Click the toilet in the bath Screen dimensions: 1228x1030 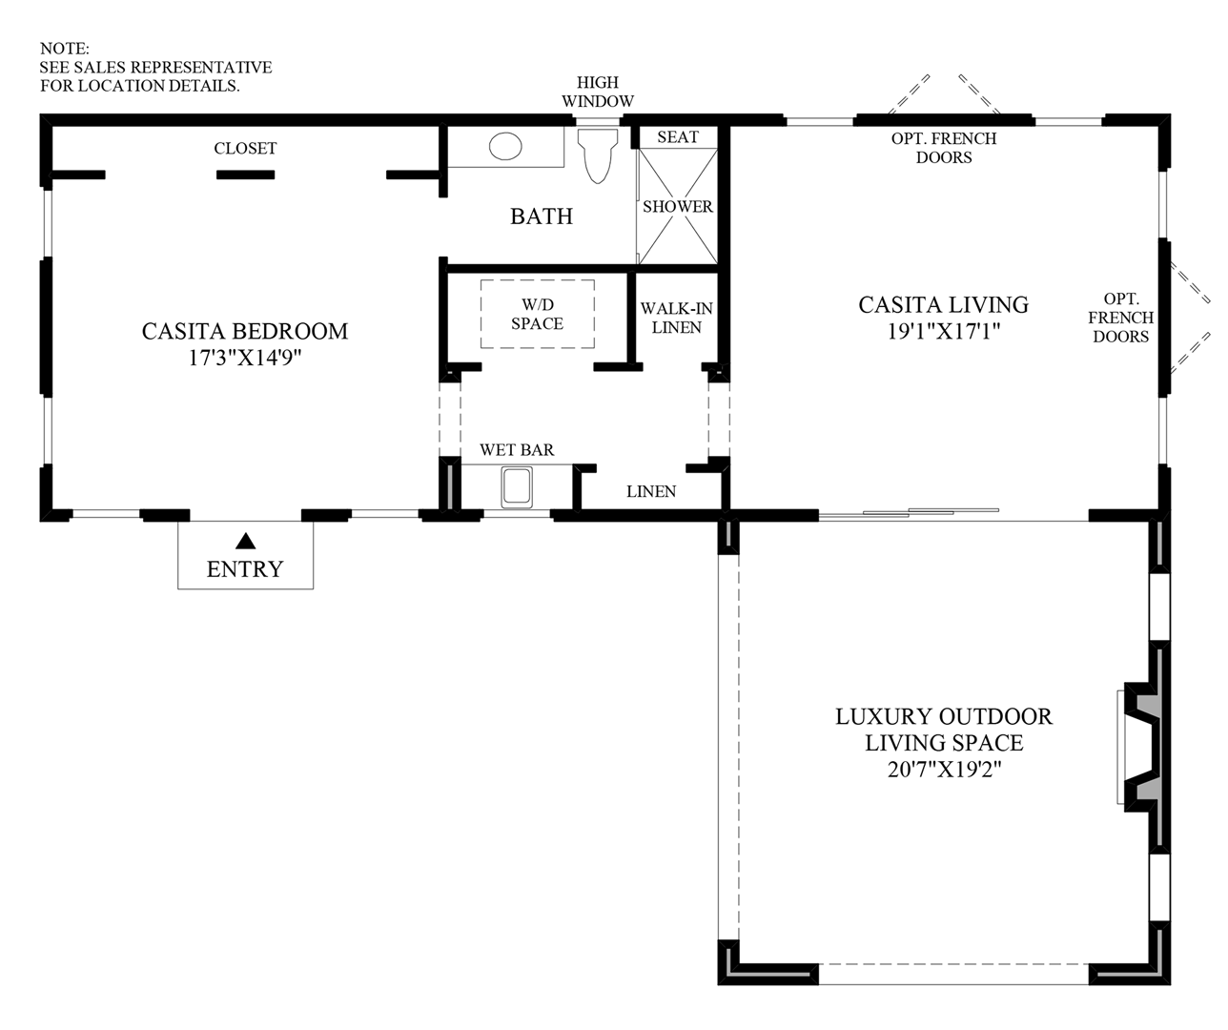(598, 155)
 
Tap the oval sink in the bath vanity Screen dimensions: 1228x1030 (505, 146)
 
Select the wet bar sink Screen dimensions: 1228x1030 (517, 487)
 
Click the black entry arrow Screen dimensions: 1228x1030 (246, 541)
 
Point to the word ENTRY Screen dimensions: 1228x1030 (245, 568)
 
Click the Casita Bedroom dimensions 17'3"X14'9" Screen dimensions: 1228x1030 (245, 357)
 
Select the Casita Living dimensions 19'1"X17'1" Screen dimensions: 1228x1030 (943, 331)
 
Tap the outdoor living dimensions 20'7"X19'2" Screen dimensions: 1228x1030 (944, 769)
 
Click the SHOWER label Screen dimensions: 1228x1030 (678, 206)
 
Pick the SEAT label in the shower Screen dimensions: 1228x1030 (678, 137)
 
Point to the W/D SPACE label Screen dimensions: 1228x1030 (537, 314)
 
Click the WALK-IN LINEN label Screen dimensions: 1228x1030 (676, 318)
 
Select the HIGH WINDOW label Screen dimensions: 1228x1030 (598, 92)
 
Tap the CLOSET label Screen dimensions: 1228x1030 (245, 148)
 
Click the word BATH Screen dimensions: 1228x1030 (542, 216)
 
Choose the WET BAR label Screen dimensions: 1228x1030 (517, 450)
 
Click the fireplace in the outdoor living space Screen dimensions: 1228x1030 (1142, 747)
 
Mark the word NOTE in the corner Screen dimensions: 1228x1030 (65, 49)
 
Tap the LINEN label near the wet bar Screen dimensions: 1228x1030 (651, 491)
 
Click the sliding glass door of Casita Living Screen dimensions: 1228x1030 (909, 513)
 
